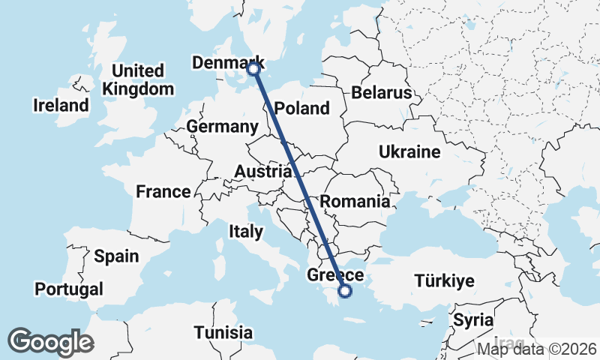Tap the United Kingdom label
coord(139,79)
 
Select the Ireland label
coord(61,106)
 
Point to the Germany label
coord(223,127)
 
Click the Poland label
coord(302,108)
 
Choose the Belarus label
coord(382,93)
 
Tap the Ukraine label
coord(409,152)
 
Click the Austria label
coord(261,172)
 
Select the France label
coord(163,192)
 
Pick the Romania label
coord(355,201)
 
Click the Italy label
coord(246,232)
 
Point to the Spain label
coord(116,256)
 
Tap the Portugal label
coord(69,289)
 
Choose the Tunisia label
coord(223,332)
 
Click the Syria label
coord(472,320)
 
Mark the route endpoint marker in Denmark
coord(253,69)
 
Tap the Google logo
coord(51,342)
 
